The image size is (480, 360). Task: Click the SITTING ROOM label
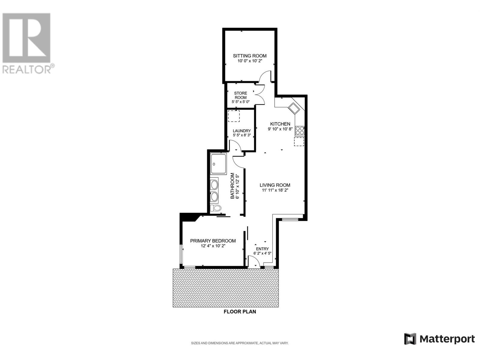250,56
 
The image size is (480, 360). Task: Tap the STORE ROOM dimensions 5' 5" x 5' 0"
241,102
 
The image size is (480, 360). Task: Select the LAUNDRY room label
241,131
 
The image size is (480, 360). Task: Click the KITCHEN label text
280,124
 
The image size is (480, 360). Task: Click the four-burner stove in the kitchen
300,130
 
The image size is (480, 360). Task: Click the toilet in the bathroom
215,208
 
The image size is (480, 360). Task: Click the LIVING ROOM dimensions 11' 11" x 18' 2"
275,190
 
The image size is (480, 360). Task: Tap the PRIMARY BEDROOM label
213,241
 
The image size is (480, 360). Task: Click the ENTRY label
262,249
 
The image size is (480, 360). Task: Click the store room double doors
259,94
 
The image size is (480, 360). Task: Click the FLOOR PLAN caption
240,312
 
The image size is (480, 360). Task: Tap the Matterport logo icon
410,339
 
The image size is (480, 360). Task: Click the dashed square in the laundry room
234,116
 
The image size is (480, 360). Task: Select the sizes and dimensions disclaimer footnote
240,343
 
